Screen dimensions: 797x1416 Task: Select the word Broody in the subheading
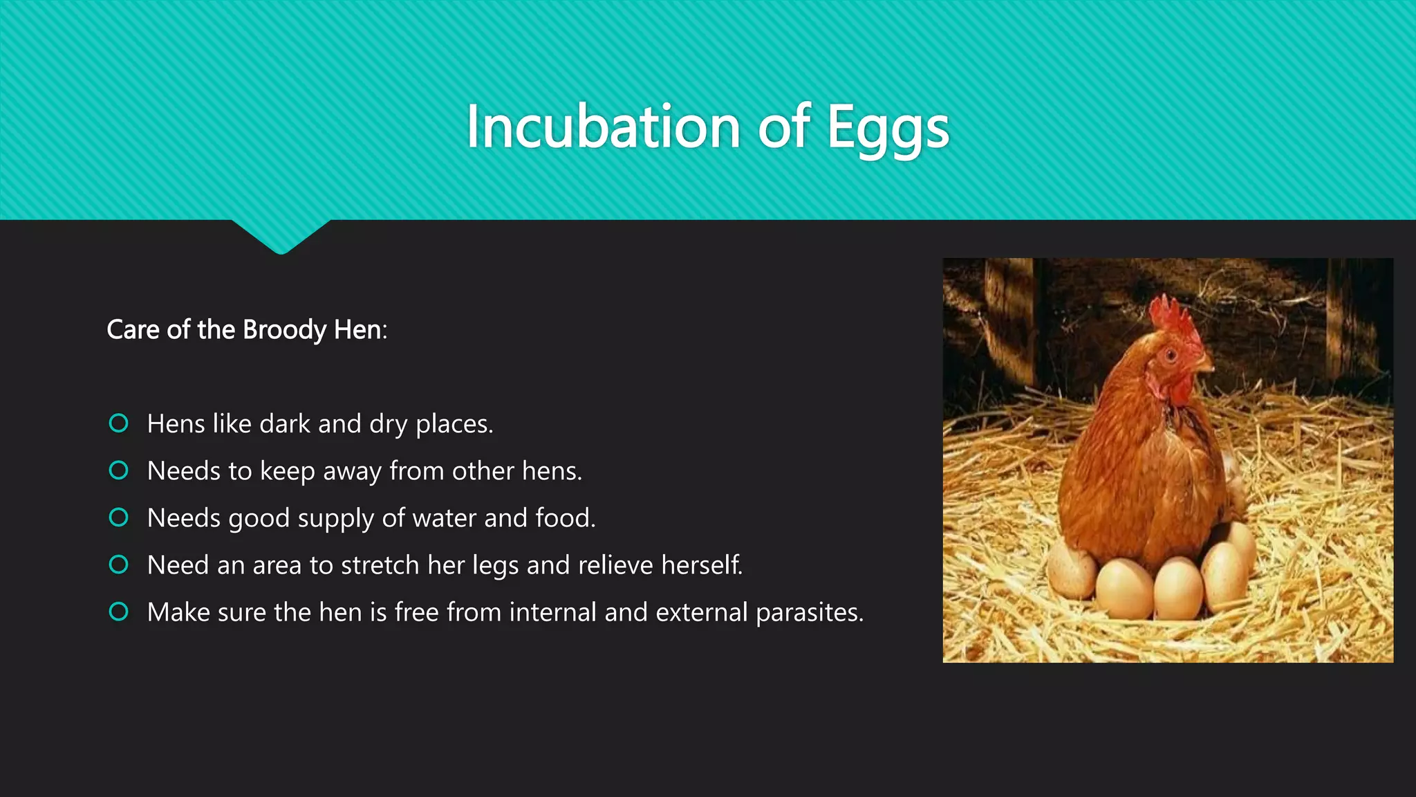pyautogui.click(x=284, y=330)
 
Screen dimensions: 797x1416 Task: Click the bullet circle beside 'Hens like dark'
pyautogui.click(x=119, y=423)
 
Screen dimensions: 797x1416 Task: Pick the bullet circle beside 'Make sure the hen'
pyautogui.click(x=119, y=612)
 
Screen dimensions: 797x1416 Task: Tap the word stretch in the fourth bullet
pyautogui.click(x=380, y=565)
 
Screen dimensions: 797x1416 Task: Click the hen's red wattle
pyautogui.click(x=1179, y=390)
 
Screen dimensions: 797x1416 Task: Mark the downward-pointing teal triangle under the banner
pyautogui.click(x=281, y=236)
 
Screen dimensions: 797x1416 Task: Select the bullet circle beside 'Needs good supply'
pyautogui.click(x=119, y=517)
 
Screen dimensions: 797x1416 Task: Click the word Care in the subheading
pyautogui.click(x=133, y=330)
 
